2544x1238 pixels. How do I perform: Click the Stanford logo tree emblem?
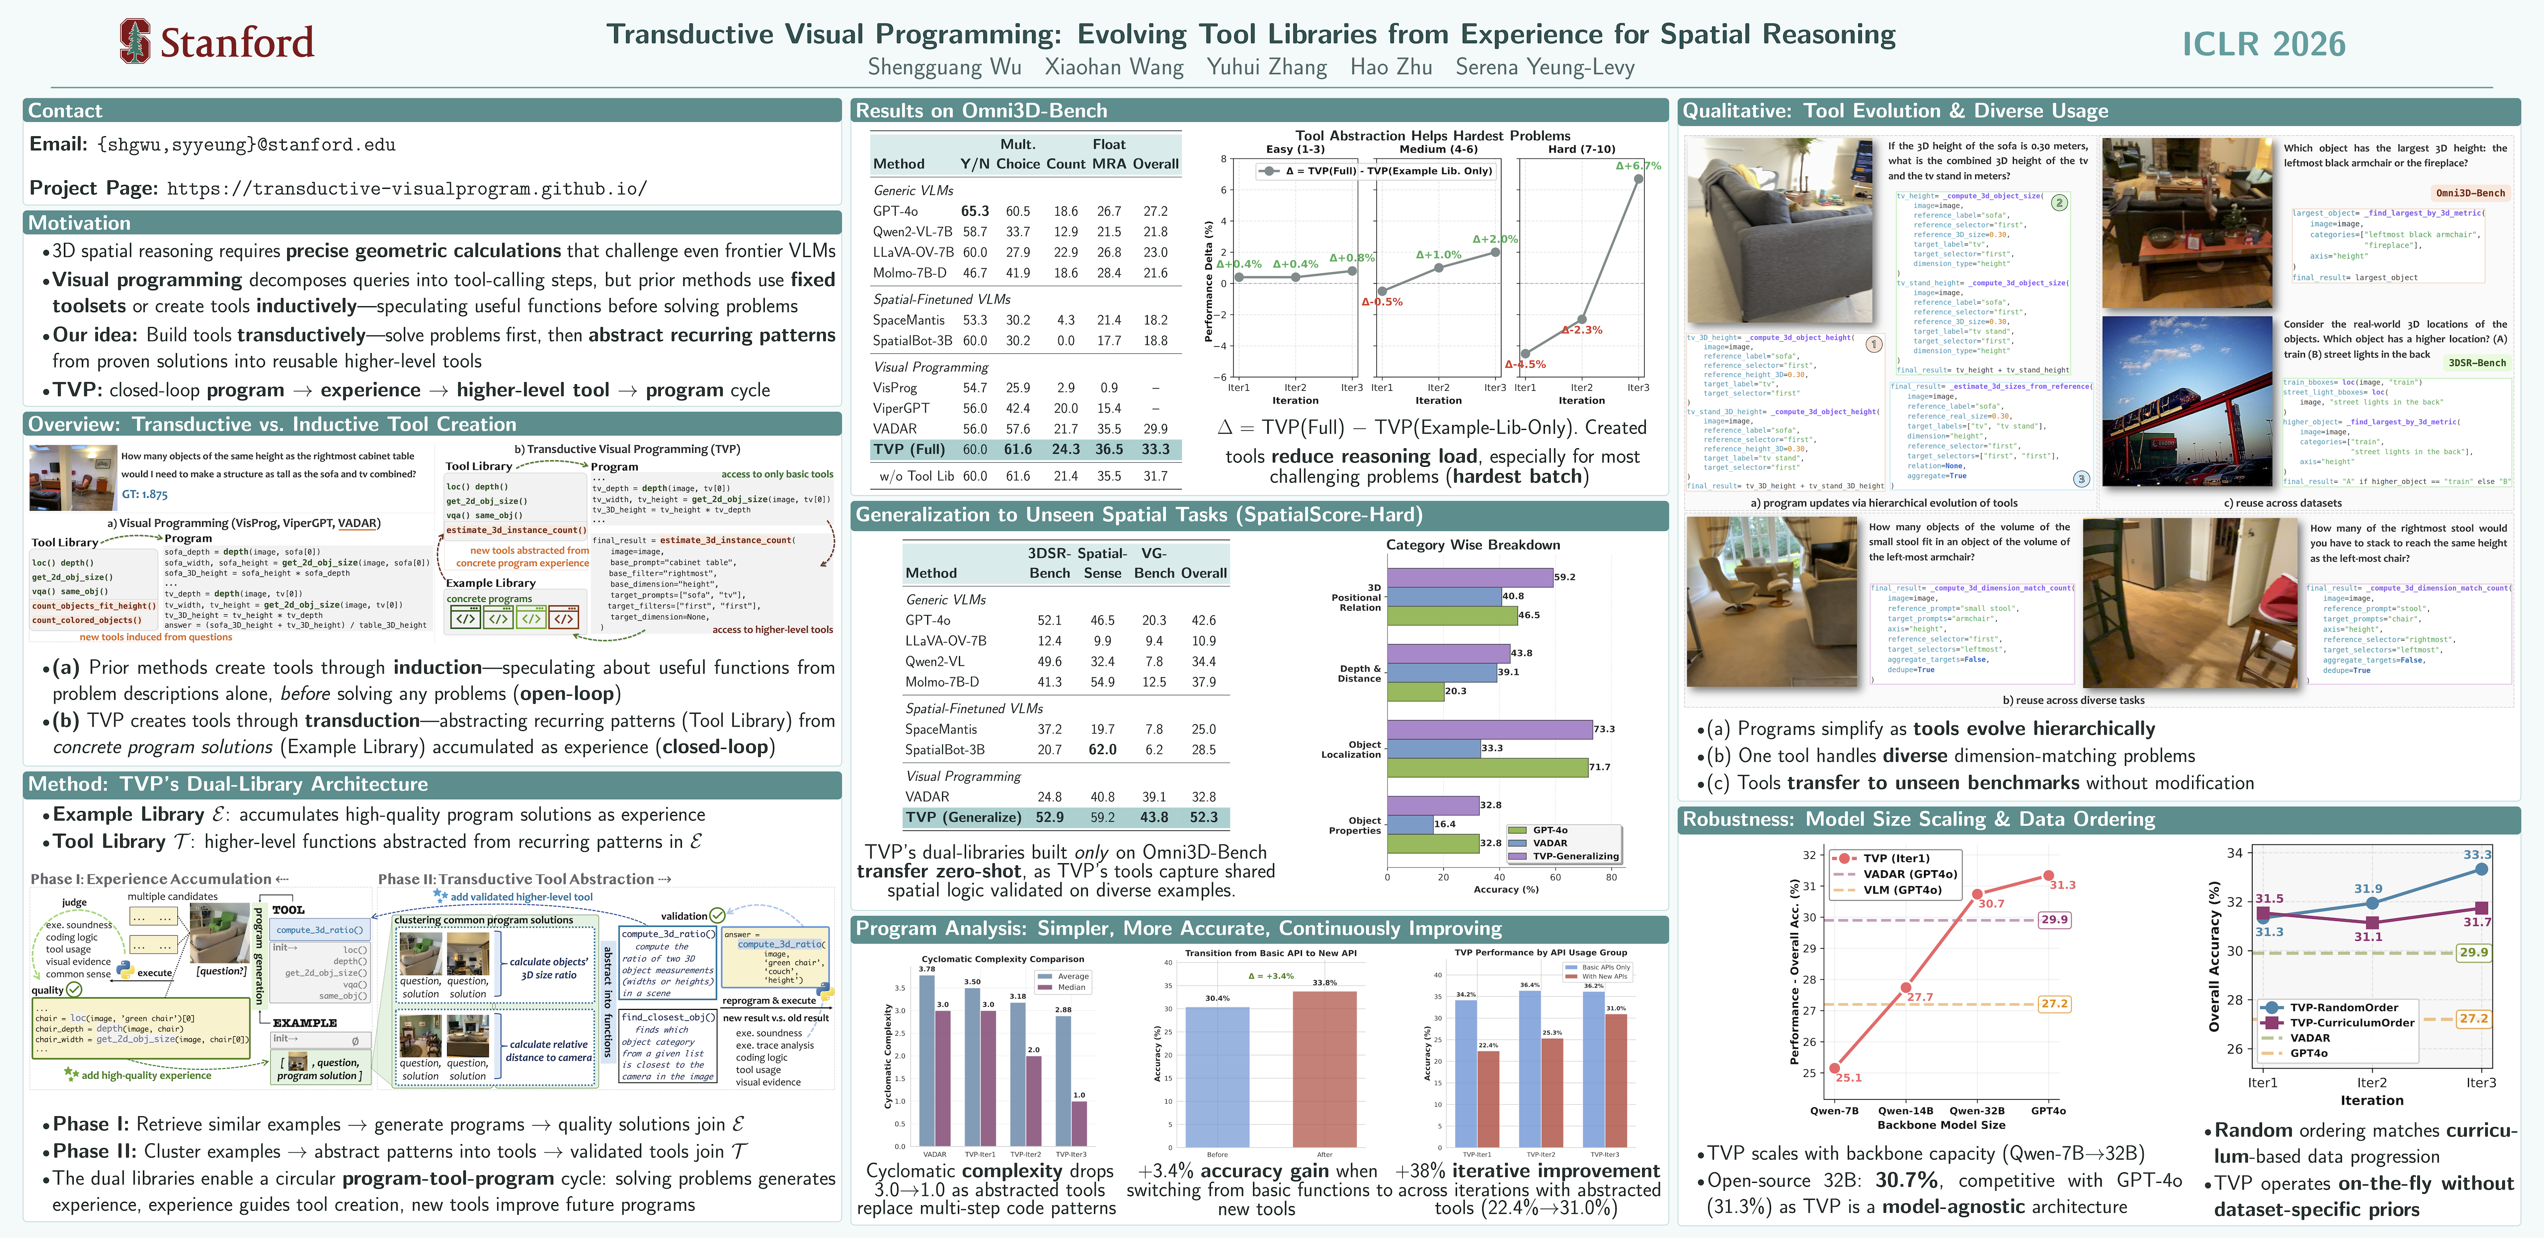pyautogui.click(x=135, y=41)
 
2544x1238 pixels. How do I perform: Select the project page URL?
pyautogui.click(x=407, y=189)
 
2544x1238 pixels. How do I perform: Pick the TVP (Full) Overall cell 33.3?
pyautogui.click(x=1155, y=449)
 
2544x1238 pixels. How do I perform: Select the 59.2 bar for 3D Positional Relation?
pyautogui.click(x=1470, y=577)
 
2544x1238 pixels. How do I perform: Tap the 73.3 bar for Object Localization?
pyautogui.click(x=1489, y=729)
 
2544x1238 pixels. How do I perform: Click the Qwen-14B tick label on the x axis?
pyautogui.click(x=1905, y=1111)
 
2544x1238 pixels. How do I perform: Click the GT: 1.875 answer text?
pyautogui.click(x=145, y=494)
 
